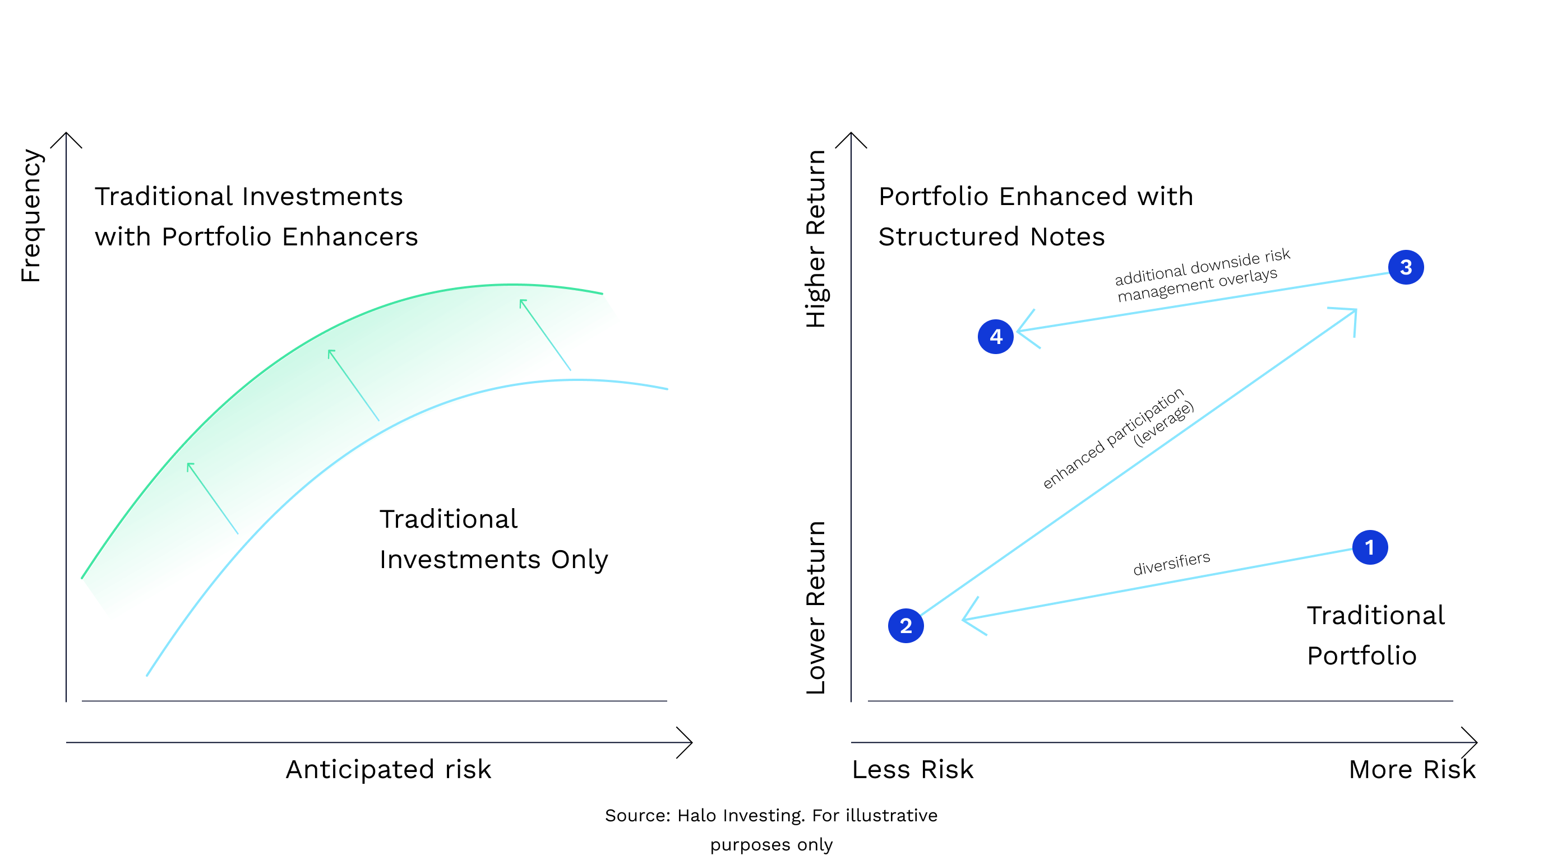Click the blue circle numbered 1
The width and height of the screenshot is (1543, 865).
pos(1369,547)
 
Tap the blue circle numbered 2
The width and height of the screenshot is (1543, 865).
pos(906,626)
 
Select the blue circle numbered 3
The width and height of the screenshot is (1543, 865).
pos(1406,267)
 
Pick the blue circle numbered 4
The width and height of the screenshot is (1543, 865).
pos(996,337)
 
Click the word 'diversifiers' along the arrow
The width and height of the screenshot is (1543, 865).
pos(1171,563)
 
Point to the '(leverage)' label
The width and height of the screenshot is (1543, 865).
pos(1163,424)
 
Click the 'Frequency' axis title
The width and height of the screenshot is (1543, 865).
pos(31,216)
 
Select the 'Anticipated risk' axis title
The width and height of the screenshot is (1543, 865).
pos(388,769)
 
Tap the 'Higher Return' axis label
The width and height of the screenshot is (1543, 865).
pos(816,238)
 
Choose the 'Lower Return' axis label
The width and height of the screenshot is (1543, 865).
pos(816,608)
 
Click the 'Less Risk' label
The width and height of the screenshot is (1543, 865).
pos(912,769)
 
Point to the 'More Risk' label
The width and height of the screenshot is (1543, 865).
pos(1412,769)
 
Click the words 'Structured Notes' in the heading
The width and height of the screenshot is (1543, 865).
pos(991,236)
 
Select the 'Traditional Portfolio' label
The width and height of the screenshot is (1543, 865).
pos(1375,635)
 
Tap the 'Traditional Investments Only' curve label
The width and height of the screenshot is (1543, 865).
pos(493,539)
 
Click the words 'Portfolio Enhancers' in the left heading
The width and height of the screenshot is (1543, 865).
pos(290,236)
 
